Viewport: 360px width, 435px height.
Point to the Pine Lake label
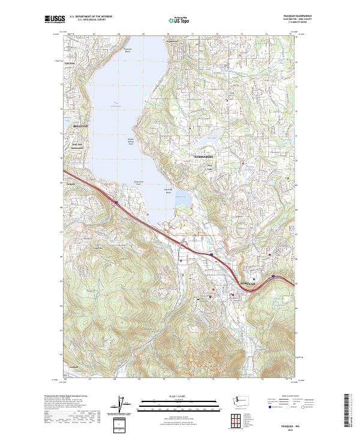click(210, 167)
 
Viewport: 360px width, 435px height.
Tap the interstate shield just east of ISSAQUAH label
click(274, 277)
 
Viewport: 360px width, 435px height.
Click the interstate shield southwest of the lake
click(116, 203)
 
